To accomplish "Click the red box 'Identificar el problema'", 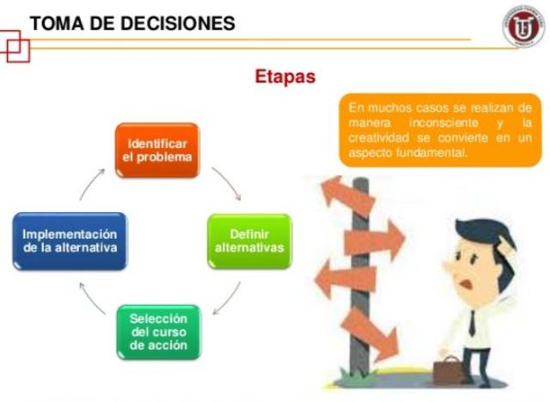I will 157,149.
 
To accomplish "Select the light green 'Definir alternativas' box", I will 249,241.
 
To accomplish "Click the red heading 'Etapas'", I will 284,77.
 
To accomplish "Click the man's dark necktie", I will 472,322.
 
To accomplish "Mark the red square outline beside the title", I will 16,48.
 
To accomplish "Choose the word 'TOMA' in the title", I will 56,23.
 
